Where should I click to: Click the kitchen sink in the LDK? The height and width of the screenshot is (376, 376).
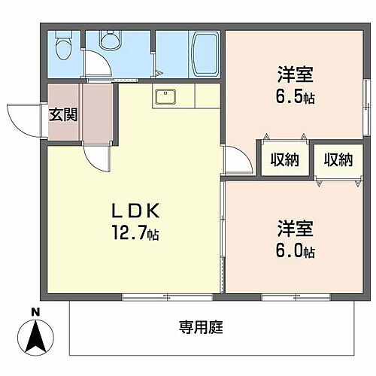coord(165,97)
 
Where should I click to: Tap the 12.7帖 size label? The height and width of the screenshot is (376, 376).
coord(136,234)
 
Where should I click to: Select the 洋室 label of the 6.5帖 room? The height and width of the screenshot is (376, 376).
coord(295,76)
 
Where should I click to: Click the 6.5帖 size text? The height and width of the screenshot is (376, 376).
coord(295,99)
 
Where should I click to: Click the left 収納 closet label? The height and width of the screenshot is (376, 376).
coord(284,159)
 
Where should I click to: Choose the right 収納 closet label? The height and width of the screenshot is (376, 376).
coord(338,159)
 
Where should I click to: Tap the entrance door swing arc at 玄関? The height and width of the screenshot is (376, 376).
coord(20,120)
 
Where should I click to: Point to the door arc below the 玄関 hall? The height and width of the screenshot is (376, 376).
coord(97,158)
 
